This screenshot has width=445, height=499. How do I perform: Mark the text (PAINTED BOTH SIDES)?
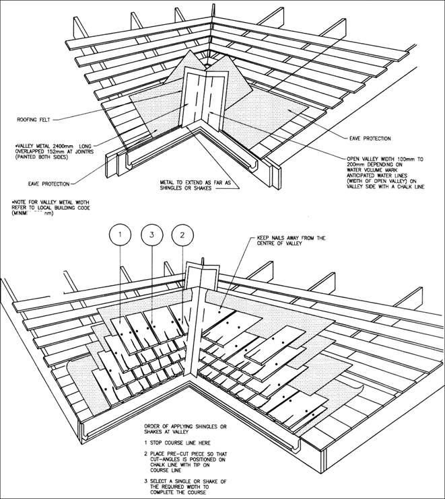[42, 155]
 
